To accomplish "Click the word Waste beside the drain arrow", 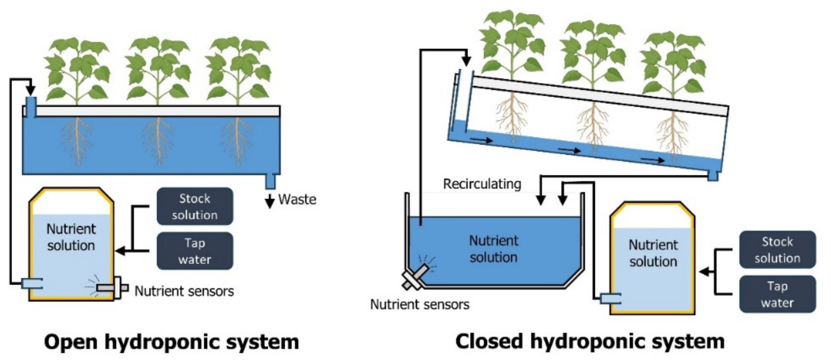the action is click(297, 199).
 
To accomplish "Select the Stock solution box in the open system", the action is click(195, 207).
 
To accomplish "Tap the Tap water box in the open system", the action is click(195, 251).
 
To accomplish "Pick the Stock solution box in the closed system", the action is click(778, 250).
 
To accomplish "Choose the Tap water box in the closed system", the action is click(778, 294).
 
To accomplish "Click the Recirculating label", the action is click(482, 184).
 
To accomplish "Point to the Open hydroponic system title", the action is click(172, 342).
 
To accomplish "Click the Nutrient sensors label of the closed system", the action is click(420, 305).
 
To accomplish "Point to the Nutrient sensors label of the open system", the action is click(184, 291).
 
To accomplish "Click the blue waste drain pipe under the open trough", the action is click(270, 181).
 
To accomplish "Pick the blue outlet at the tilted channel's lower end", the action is click(712, 176).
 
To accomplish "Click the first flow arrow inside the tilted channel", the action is click(481, 140).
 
